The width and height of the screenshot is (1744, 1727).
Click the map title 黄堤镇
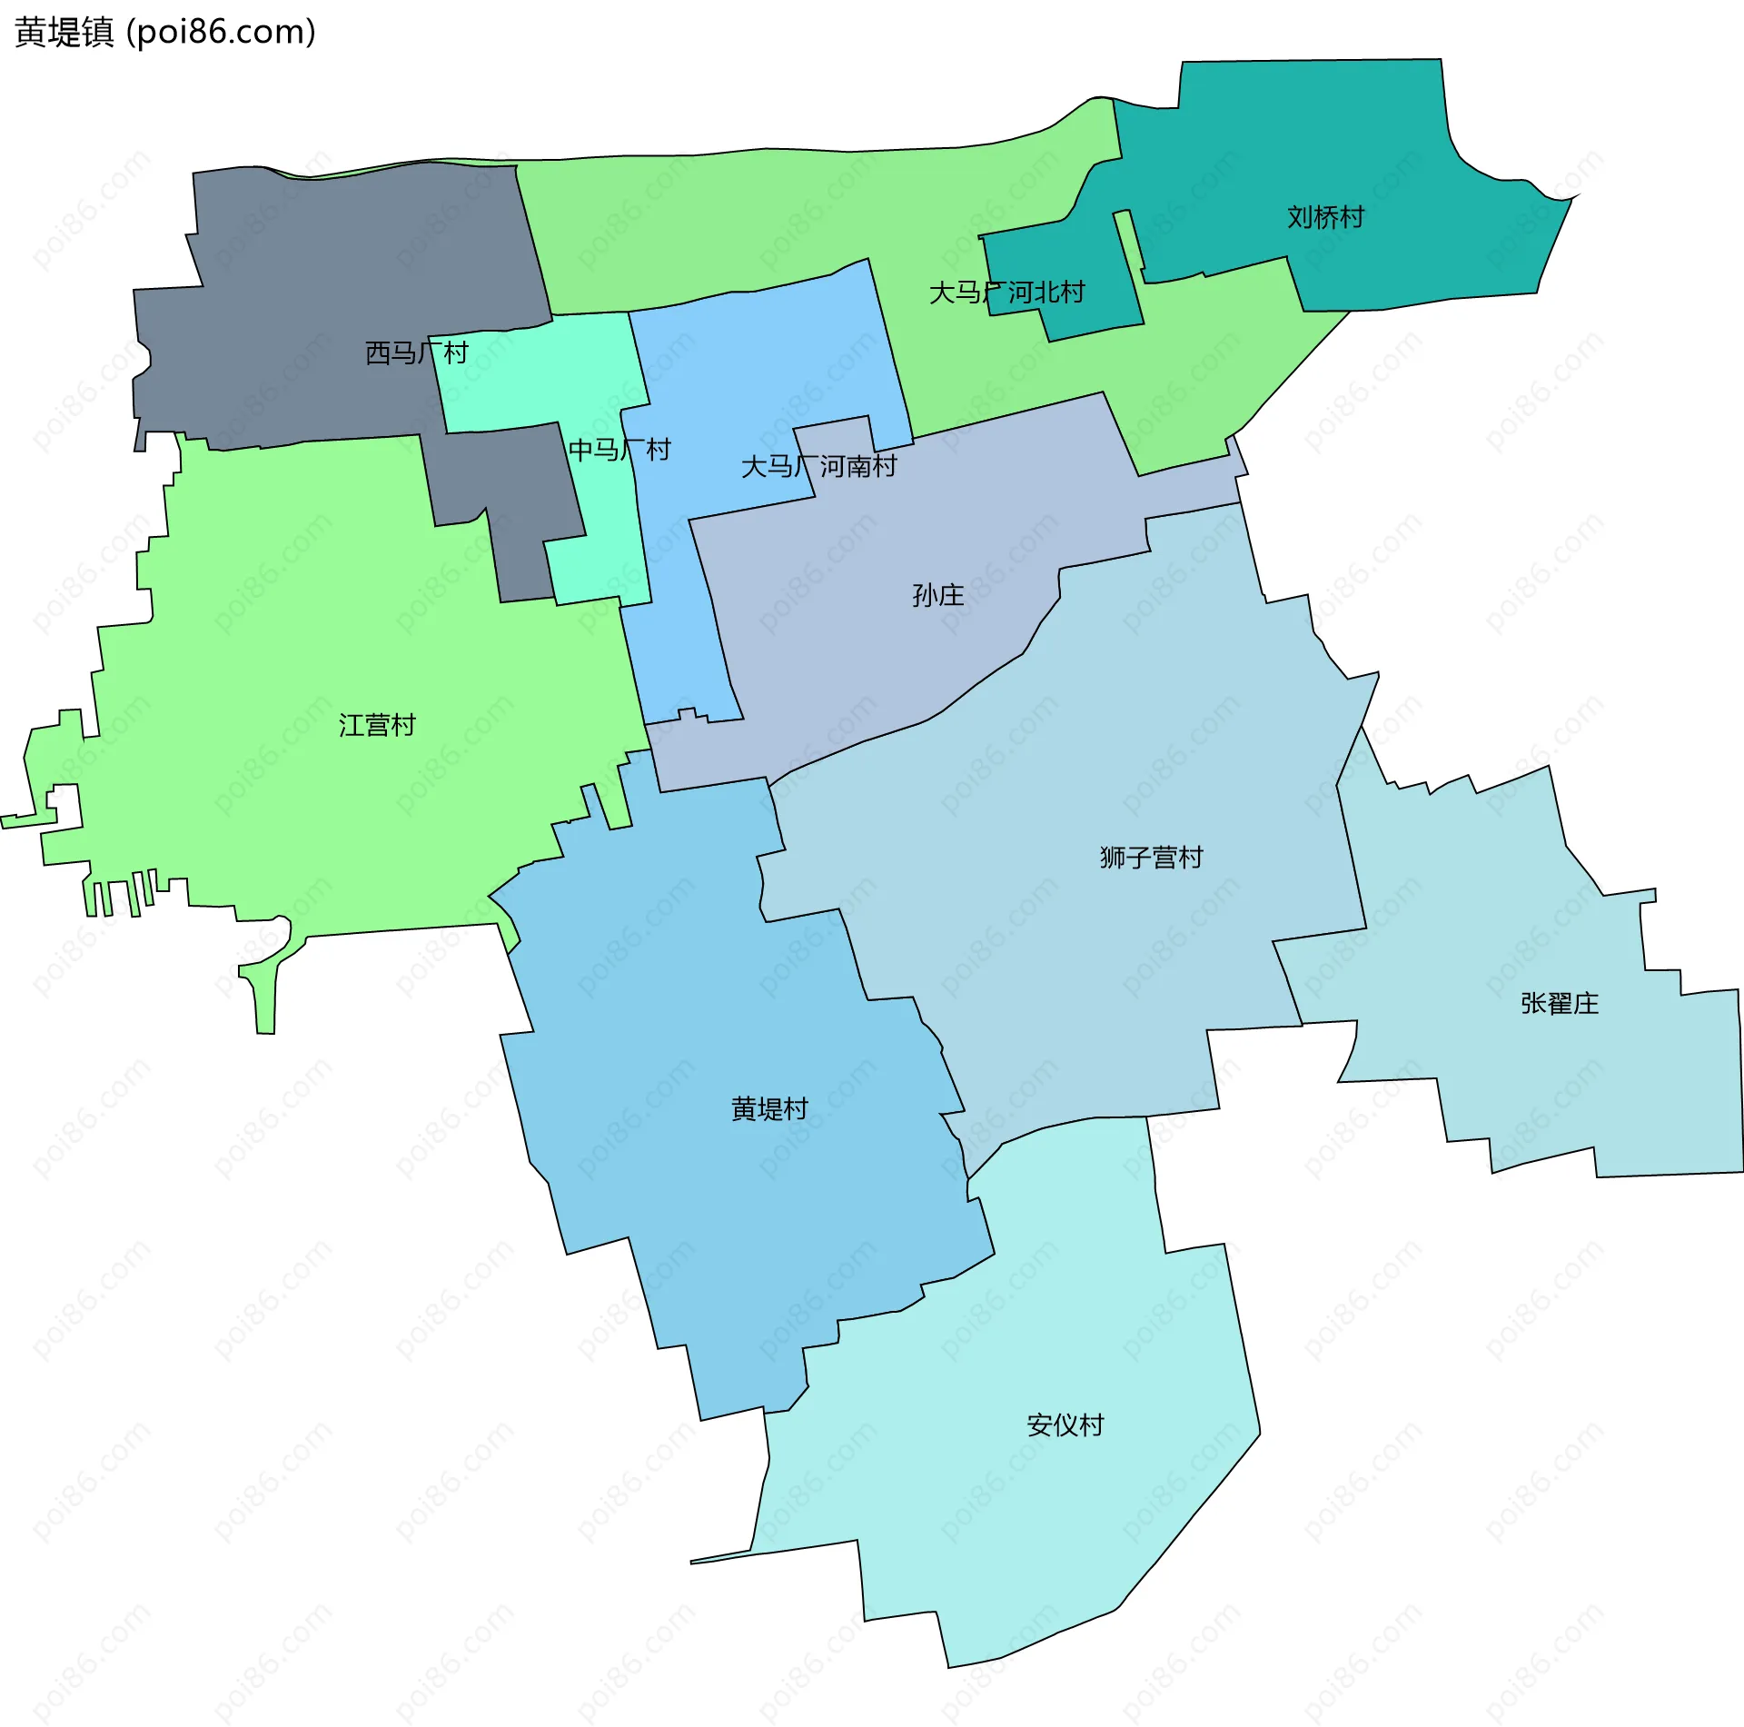click(64, 33)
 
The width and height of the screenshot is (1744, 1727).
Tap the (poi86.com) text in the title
click(221, 33)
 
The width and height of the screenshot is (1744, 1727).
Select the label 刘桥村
click(1325, 218)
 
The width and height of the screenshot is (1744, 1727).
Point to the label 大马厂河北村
click(1006, 293)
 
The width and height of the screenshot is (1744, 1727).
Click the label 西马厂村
click(416, 353)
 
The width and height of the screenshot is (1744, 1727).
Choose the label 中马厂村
click(619, 450)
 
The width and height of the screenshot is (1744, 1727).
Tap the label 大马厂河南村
click(818, 467)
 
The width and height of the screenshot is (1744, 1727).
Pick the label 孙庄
click(937, 596)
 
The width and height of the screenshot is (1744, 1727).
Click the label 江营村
click(377, 726)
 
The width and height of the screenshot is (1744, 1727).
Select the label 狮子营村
click(1151, 858)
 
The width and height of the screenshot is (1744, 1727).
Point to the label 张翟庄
click(1559, 1004)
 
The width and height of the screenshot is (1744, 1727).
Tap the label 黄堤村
click(769, 1109)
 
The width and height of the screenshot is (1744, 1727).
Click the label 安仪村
click(1065, 1424)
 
